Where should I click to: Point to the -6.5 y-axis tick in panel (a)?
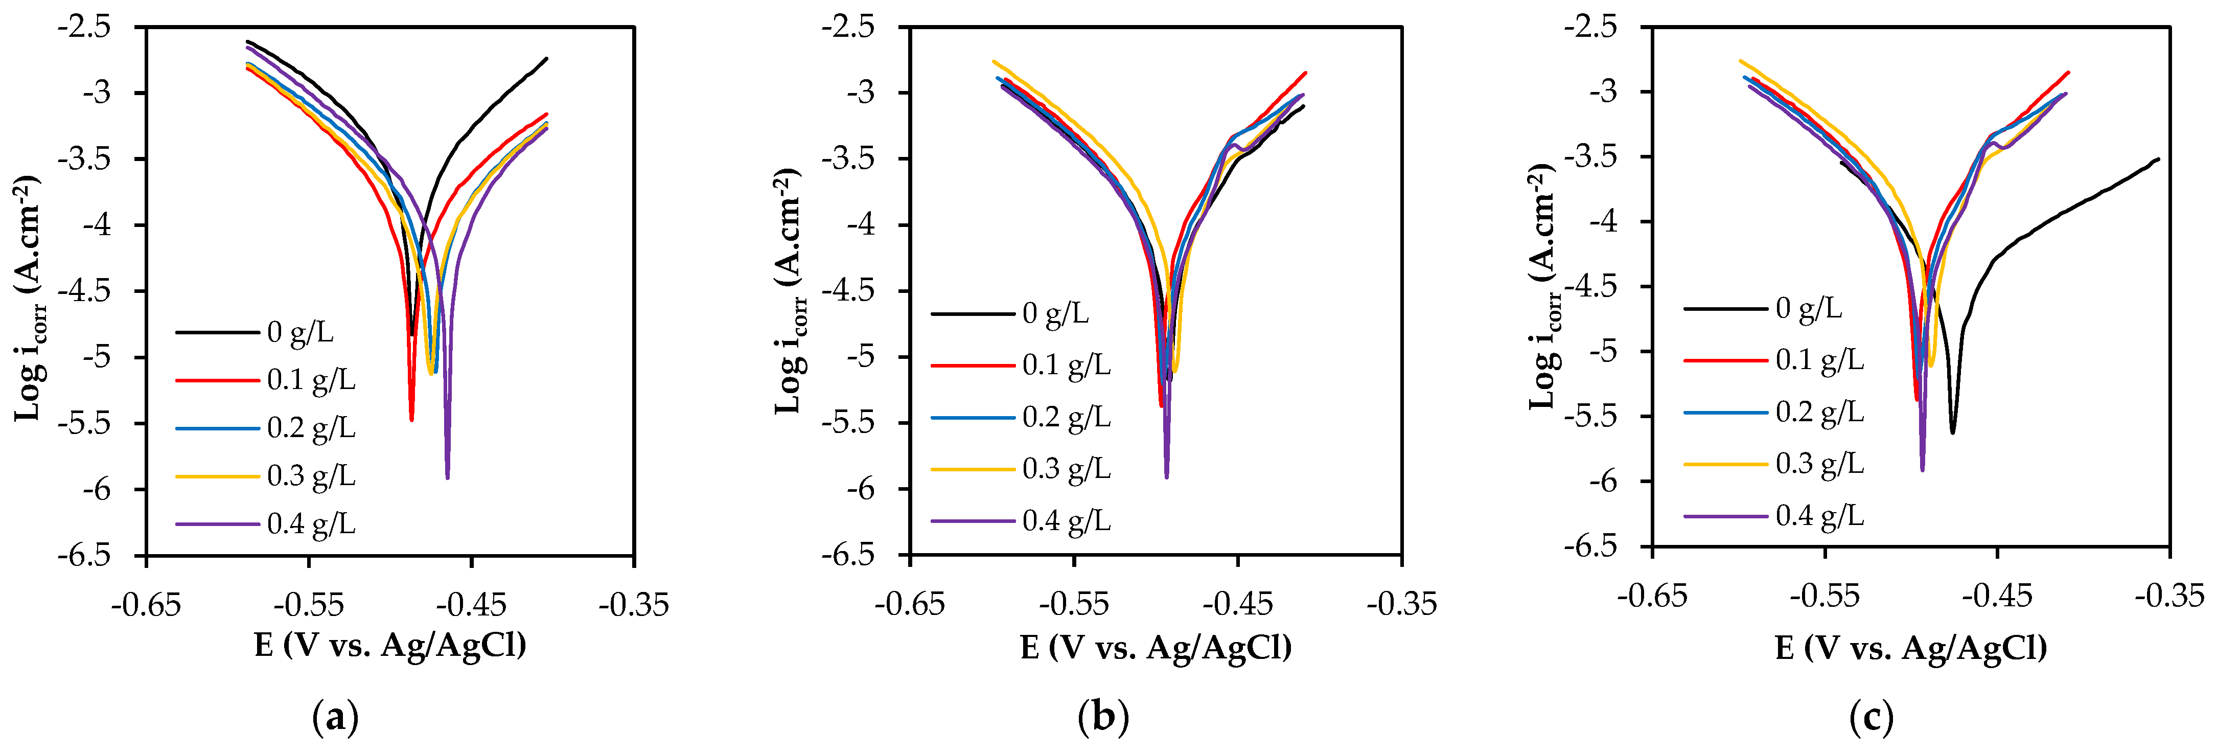pyautogui.click(x=84, y=555)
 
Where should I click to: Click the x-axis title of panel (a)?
pyautogui.click(x=390, y=645)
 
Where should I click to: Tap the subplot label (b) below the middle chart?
pyautogui.click(x=1102, y=717)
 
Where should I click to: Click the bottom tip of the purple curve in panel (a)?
pyautogui.click(x=448, y=478)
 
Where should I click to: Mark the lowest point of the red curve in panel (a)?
pyautogui.click(x=411, y=420)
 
